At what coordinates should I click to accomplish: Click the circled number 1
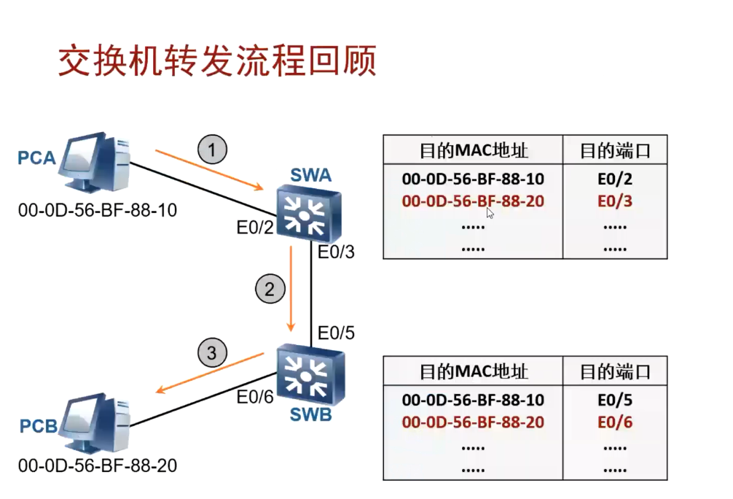tap(212, 150)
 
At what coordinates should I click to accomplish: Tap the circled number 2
tap(270, 289)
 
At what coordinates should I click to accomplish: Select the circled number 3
tap(212, 352)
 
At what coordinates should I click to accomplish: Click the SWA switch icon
tap(308, 213)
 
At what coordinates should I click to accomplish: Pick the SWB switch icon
tap(310, 375)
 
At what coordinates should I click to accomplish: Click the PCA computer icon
tap(95, 162)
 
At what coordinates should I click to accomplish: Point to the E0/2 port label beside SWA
tap(255, 228)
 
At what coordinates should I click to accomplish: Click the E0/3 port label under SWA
tap(336, 252)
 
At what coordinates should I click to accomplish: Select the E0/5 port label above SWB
tap(336, 333)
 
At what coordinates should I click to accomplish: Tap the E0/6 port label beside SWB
tap(255, 397)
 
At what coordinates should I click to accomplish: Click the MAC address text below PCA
tap(98, 210)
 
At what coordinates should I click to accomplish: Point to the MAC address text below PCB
tap(98, 465)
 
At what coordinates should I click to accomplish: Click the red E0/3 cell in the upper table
tap(615, 201)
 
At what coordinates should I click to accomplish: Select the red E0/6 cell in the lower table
tap(615, 422)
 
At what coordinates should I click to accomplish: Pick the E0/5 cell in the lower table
tap(615, 401)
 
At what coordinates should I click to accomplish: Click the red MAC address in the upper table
tap(473, 201)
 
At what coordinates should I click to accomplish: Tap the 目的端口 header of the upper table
tap(615, 151)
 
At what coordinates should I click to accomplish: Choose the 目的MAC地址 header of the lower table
tap(474, 371)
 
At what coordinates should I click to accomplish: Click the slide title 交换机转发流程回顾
tap(217, 61)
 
